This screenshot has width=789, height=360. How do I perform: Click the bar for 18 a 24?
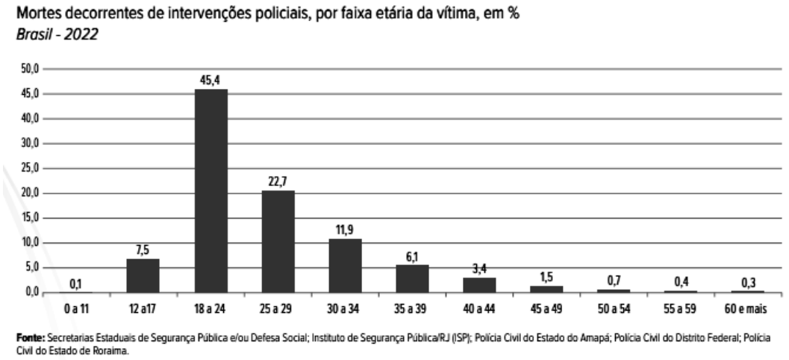(210, 190)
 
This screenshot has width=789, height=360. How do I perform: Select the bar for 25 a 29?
(278, 241)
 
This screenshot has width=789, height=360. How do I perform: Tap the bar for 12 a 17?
(143, 275)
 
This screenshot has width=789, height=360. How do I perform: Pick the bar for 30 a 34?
(345, 265)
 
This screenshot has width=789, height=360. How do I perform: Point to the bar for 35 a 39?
(412, 278)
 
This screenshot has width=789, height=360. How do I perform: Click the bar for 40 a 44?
(479, 285)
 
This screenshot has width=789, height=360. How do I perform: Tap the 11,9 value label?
(345, 229)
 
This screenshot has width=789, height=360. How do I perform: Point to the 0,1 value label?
(76, 283)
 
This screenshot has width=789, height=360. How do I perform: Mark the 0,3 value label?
(747, 282)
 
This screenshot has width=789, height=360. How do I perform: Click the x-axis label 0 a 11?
(75, 308)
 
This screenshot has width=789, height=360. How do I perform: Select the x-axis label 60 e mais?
(747, 308)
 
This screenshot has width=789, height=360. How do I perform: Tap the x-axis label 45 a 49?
(546, 308)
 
